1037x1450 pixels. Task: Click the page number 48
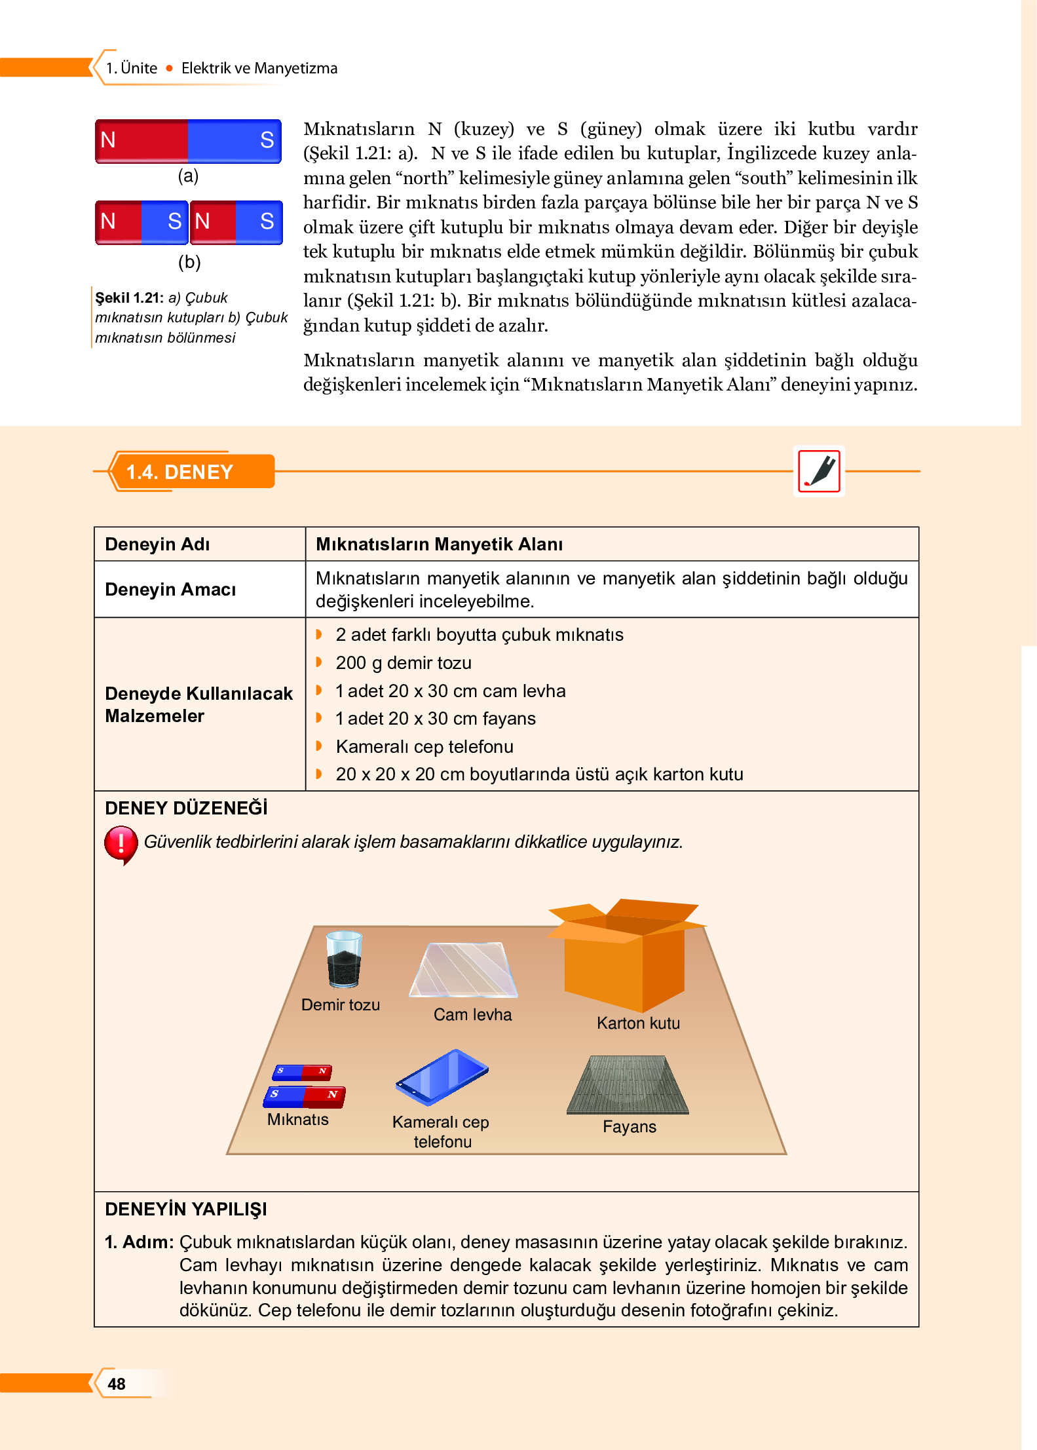117,1383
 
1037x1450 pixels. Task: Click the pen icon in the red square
819,471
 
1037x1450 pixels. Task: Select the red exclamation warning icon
121,843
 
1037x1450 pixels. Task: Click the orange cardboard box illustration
626,957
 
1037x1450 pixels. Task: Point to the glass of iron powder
344,960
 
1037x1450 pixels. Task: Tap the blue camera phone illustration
442,1076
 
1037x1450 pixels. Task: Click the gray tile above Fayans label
628,1085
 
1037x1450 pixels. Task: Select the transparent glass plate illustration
464,970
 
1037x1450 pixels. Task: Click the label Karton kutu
638,1023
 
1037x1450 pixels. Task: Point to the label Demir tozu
340,1004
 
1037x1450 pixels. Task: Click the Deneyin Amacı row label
170,589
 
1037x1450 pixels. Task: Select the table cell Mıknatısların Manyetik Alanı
439,544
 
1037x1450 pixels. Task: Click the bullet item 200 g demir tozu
403,662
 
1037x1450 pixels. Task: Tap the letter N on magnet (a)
108,140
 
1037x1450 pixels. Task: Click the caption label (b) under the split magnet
189,261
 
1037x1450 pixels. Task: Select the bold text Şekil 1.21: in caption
129,297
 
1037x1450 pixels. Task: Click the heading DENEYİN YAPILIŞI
186,1209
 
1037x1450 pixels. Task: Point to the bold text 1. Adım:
139,1242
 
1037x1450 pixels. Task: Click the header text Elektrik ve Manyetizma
259,68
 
